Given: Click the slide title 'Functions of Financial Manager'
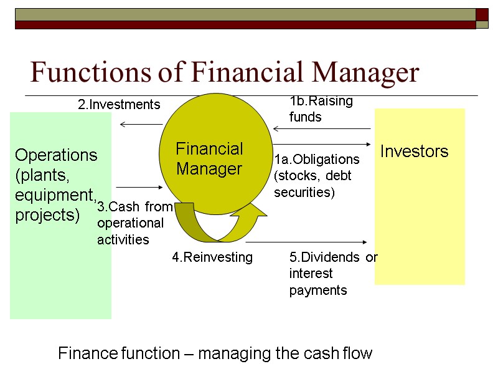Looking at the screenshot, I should click(x=225, y=73).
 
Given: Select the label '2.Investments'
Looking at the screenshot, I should click(x=119, y=105).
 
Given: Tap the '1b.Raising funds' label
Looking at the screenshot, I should click(x=321, y=108).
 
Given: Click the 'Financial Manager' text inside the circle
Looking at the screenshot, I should click(x=209, y=158).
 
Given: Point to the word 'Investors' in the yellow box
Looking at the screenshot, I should click(x=414, y=151).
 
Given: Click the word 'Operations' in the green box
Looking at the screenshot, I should click(x=56, y=155).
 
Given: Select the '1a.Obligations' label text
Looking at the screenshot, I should click(x=317, y=160).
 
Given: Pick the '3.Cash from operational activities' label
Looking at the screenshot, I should click(x=134, y=223).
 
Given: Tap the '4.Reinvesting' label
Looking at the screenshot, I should click(x=212, y=257).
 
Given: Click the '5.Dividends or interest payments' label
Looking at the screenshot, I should click(x=333, y=274).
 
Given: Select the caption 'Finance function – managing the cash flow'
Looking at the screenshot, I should click(x=215, y=354).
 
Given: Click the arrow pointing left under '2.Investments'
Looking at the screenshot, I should click(x=141, y=125).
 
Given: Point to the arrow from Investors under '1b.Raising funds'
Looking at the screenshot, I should click(x=322, y=130).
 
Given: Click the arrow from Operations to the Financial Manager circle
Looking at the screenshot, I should click(x=139, y=187).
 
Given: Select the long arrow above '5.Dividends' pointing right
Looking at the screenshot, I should click(x=309, y=242).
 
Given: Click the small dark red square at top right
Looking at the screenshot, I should click(x=482, y=14).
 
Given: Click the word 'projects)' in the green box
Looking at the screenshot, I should click(x=47, y=215).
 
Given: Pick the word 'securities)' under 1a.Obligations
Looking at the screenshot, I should click(x=304, y=193).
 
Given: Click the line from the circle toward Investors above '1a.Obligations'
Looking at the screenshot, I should click(x=322, y=146).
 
